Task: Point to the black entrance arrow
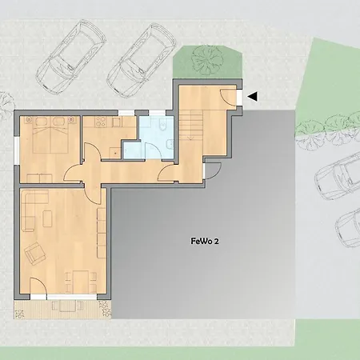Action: pos(252,97)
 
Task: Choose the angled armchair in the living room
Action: pos(35,255)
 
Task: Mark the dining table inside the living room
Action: pos(82,280)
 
